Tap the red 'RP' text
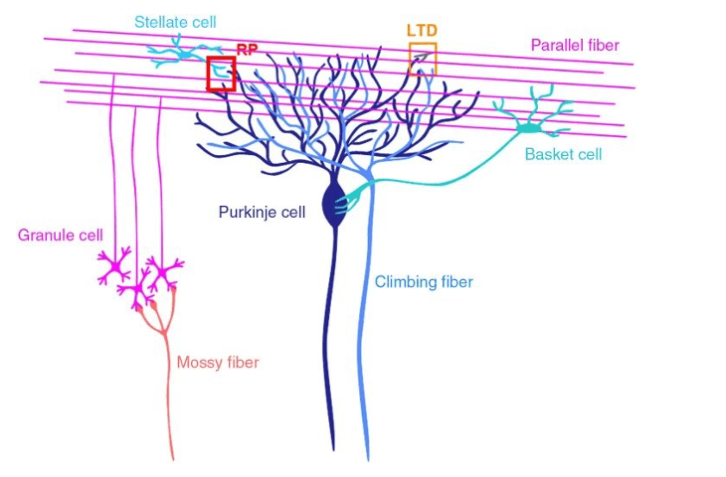click(248, 49)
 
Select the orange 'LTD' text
click(422, 31)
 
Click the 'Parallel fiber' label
click(574, 45)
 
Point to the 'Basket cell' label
click(563, 154)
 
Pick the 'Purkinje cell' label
click(263, 211)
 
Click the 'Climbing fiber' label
click(424, 282)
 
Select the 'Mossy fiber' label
click(218, 363)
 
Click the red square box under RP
click(221, 74)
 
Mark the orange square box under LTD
click(422, 59)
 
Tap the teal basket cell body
click(528, 128)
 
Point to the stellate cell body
click(185, 54)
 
